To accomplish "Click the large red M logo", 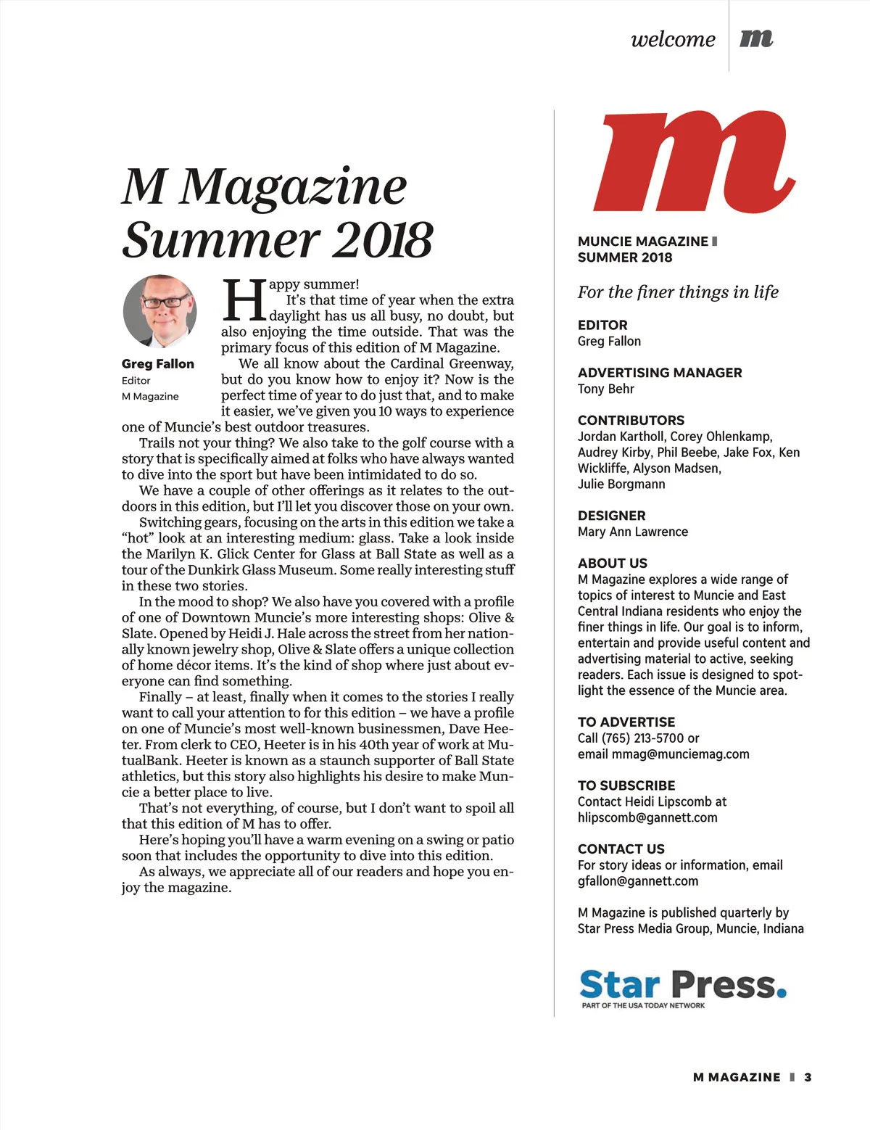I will coord(695,162).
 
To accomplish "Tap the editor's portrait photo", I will coord(160,312).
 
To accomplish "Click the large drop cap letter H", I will coord(244,300).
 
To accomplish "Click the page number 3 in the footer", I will coord(808,1077).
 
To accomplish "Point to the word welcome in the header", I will coord(673,39).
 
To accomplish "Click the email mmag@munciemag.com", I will coord(681,754).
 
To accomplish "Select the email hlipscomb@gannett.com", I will coord(647,817).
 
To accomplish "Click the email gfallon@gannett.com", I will coord(638,881).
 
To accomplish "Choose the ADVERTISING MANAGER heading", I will coord(660,373).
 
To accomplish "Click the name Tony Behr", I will coord(606,389).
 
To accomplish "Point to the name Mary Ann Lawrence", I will coord(633,532).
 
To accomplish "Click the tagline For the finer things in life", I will coord(678,292).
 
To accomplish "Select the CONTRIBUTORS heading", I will coord(631,421).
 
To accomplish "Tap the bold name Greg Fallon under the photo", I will coord(158,364).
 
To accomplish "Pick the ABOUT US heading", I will coord(613,564).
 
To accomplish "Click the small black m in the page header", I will coord(756,38).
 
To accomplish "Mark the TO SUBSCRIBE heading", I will coord(626,785).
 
